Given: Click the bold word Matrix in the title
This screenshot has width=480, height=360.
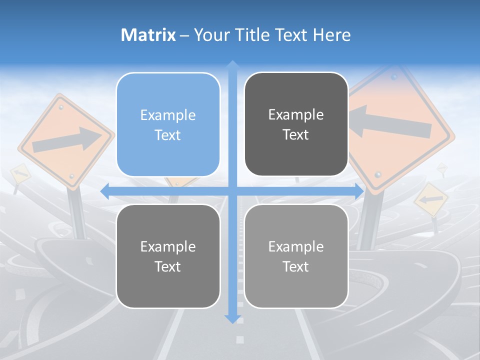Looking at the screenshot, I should [x=148, y=35].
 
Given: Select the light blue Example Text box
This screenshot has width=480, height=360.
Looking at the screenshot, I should [x=168, y=124].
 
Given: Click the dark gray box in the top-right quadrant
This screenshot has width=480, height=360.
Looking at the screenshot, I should [x=296, y=124].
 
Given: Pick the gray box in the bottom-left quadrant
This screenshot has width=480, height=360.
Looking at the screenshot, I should [x=168, y=256].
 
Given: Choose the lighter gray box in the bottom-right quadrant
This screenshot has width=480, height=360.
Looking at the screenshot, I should [x=296, y=256].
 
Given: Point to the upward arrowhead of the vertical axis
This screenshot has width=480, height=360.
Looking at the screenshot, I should [x=232, y=65].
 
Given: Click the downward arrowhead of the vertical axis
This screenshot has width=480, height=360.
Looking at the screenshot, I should [x=232, y=319].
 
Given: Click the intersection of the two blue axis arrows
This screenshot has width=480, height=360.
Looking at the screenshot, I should [x=232, y=191].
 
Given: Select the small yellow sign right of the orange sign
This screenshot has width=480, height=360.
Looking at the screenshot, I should [x=430, y=199].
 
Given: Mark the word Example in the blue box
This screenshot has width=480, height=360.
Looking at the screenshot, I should [x=168, y=115].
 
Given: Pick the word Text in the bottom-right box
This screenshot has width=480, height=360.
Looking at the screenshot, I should [x=296, y=266].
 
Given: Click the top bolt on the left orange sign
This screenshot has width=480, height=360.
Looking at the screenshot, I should [x=61, y=106].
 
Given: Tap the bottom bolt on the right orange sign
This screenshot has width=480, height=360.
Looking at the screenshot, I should [x=378, y=174].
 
